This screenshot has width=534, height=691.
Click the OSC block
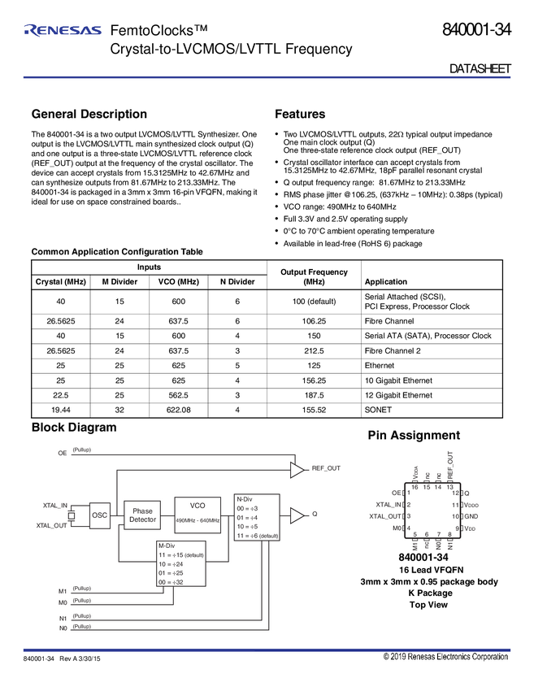100,515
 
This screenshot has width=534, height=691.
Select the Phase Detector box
142,515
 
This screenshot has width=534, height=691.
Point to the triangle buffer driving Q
297,515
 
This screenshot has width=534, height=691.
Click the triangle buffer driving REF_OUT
297,468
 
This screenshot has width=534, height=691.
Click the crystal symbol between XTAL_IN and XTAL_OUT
71,515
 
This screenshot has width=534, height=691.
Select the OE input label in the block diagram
63,452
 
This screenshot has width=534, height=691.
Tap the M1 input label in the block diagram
63,591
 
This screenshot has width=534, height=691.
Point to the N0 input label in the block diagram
63,629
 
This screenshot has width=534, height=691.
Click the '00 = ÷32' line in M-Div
171,581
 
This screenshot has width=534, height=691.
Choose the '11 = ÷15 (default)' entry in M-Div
180,554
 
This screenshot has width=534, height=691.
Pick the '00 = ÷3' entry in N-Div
246,508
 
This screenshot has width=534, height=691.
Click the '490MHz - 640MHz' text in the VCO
198,519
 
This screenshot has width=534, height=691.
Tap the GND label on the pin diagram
471,516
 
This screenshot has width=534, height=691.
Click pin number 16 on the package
415,487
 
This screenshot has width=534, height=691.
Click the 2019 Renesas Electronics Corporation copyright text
446,656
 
